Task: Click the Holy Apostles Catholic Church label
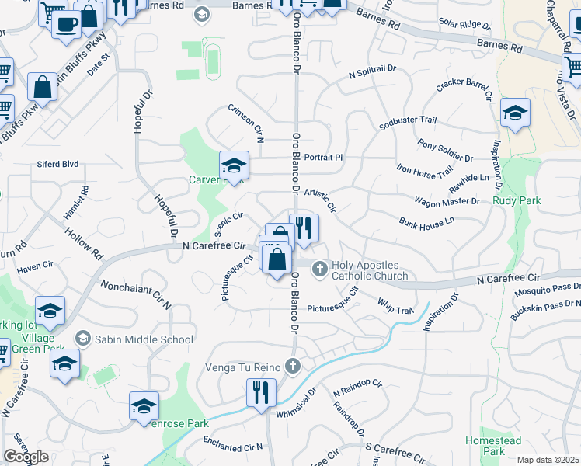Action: point(370,270)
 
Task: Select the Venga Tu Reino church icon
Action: point(292,366)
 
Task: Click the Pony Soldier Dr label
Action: point(445,150)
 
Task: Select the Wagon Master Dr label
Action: point(447,201)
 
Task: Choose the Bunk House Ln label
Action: point(427,223)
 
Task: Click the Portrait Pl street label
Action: point(323,157)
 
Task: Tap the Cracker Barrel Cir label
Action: point(464,90)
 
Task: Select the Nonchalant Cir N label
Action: point(135,294)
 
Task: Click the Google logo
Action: point(26,457)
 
